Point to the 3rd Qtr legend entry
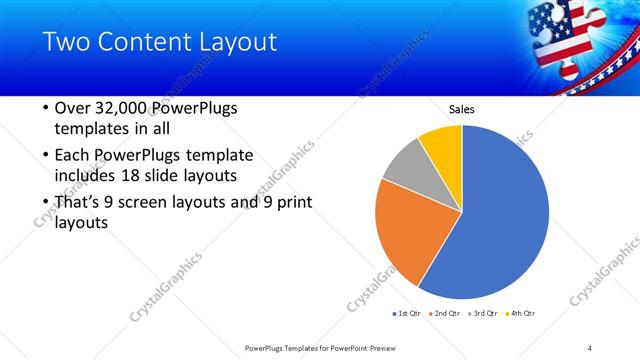(484, 313)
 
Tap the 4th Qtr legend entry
(520, 313)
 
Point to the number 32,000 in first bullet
(122, 108)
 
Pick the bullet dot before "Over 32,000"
(45, 108)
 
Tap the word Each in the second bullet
(73, 155)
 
